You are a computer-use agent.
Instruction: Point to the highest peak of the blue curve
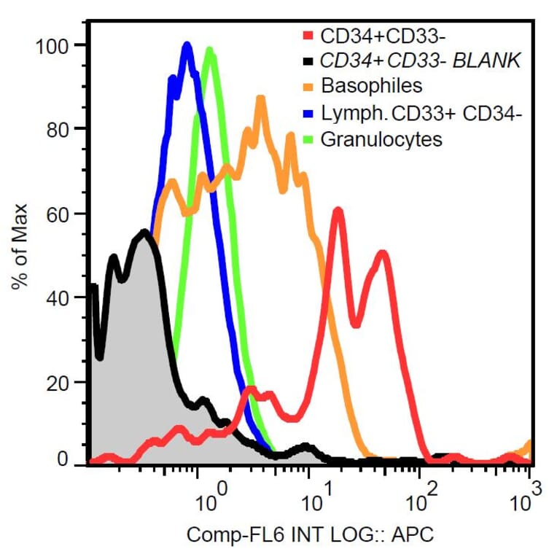tap(187, 47)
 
